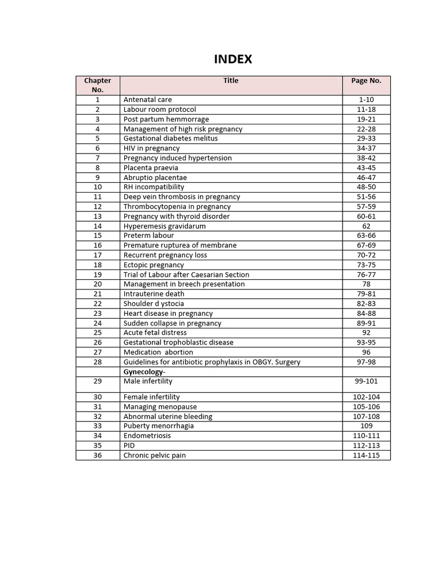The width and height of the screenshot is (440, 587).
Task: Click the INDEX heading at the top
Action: click(x=233, y=60)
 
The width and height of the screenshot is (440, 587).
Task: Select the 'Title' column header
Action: click(x=231, y=81)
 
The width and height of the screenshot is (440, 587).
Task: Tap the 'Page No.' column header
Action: click(x=366, y=81)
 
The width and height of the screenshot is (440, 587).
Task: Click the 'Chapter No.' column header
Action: click(x=97, y=85)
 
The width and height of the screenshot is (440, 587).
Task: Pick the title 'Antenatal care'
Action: click(x=147, y=100)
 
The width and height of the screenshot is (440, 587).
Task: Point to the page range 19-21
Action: click(x=366, y=119)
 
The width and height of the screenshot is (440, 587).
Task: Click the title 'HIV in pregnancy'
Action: click(x=151, y=148)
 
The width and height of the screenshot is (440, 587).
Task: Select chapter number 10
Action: click(x=97, y=187)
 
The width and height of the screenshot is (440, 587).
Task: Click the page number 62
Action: click(x=366, y=226)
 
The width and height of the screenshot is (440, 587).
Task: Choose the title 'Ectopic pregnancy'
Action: click(x=154, y=265)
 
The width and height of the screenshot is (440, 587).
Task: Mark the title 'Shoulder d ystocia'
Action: click(x=154, y=303)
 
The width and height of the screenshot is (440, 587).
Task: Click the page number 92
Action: click(x=366, y=332)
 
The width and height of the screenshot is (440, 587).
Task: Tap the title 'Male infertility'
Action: click(x=148, y=381)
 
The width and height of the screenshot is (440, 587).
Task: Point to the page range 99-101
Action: click(x=366, y=381)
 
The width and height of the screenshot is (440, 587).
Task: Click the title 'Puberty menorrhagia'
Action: click(x=159, y=426)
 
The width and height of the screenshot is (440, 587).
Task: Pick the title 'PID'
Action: click(x=130, y=445)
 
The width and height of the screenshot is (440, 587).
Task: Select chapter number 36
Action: click(x=97, y=455)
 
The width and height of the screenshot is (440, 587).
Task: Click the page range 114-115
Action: click(x=366, y=455)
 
